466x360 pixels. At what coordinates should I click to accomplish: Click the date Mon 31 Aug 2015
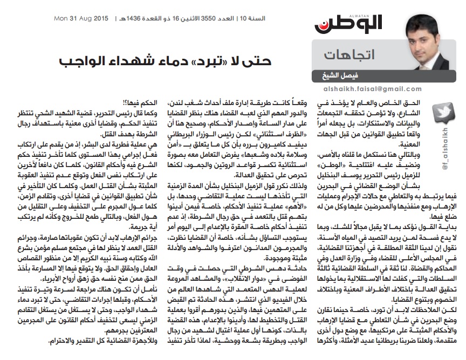pyautogui.click(x=78, y=19)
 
